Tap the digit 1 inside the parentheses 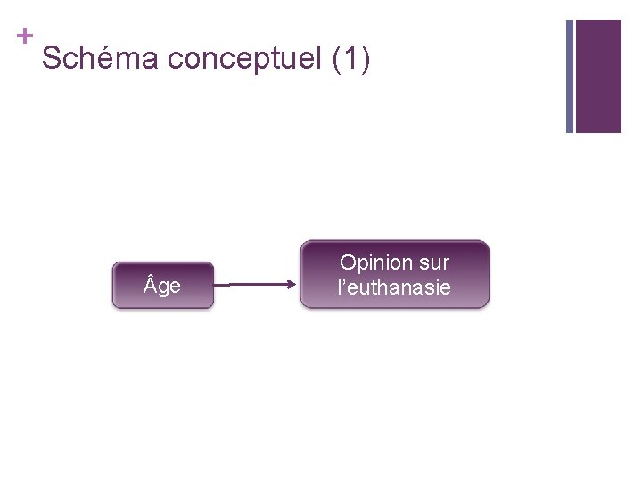tap(350, 59)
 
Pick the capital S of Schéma tap(52, 59)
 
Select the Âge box tap(163, 286)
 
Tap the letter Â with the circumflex tap(151, 285)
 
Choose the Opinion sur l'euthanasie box tap(394, 275)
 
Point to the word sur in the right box tap(435, 263)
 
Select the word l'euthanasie tap(394, 287)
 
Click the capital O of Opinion tap(348, 263)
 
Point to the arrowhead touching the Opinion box tap(292, 286)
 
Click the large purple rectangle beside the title tap(597, 76)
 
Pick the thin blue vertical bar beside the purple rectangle tap(570, 76)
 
